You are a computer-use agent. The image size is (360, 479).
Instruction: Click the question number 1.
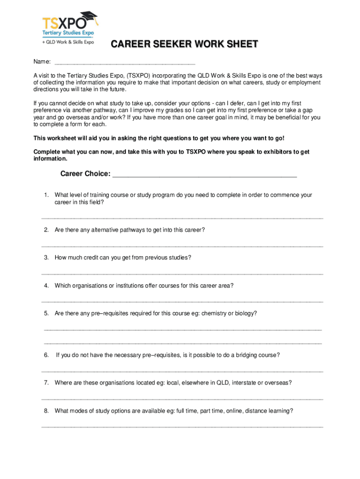click(46, 195)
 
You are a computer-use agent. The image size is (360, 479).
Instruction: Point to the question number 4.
click(46, 285)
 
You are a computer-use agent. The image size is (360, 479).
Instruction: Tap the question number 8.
click(46, 411)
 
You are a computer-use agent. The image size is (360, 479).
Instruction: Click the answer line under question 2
click(182, 246)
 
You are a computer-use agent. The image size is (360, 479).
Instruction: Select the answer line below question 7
click(182, 399)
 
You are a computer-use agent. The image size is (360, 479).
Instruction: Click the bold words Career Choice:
click(86, 174)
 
